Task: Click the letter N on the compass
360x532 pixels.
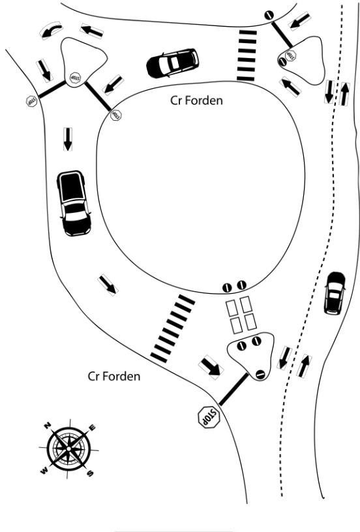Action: (48, 426)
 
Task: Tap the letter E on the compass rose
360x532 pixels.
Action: (92, 428)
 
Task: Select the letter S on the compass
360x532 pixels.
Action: (90, 473)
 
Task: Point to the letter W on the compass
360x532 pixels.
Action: (44, 471)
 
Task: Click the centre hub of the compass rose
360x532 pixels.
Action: (69, 449)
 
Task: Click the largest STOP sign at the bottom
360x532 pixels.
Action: (209, 417)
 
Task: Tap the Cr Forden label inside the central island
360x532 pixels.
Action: (196, 101)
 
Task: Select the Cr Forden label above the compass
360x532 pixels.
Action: (114, 376)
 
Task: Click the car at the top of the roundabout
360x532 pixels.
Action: (173, 63)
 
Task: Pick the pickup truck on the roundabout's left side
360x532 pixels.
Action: (74, 203)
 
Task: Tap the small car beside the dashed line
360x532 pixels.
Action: (335, 293)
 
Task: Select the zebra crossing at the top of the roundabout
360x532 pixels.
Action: (247, 55)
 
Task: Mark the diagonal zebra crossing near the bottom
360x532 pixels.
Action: (173, 328)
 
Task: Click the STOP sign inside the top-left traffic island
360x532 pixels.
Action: (75, 78)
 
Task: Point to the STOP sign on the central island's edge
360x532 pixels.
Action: (116, 115)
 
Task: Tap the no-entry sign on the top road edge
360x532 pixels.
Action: (269, 15)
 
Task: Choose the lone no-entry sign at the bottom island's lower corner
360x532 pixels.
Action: (260, 374)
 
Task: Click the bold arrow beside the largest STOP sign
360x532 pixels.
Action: (211, 367)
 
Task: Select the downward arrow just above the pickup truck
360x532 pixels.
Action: (68, 139)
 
